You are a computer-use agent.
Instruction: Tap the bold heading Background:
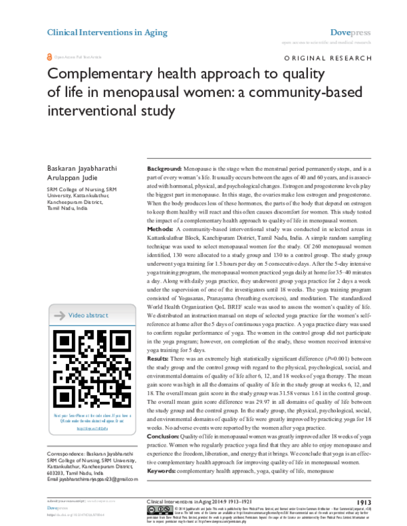(163, 167)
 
